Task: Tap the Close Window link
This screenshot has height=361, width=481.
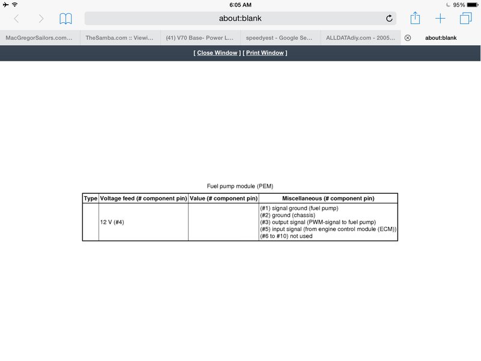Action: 217,53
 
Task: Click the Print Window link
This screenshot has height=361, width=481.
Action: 265,53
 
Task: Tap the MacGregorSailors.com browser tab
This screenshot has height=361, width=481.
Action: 40,37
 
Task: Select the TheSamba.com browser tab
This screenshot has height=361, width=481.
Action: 120,37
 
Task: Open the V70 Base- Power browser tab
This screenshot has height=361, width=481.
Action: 200,37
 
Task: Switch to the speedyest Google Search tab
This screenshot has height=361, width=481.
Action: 280,37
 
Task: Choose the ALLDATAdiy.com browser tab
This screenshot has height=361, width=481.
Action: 360,37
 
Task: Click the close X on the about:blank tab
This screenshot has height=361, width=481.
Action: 408,37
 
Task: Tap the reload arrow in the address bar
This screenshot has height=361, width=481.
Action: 389,19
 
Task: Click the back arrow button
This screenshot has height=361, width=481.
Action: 16,19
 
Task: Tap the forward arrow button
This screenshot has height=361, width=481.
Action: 41,19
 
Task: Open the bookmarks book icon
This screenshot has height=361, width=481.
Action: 66,19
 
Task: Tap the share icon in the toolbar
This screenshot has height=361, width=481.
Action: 415,18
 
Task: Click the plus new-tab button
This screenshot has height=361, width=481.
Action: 440,19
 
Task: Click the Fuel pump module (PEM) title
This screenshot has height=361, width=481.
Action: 240,187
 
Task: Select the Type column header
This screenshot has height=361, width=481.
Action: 90,198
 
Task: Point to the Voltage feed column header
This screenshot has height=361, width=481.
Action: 143,198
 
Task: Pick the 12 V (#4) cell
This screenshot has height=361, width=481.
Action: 112,223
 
